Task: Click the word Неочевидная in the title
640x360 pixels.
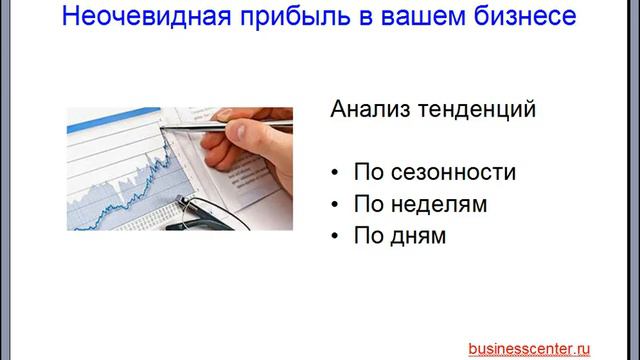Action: pos(138,17)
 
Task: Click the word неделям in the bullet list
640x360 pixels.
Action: pos(436,205)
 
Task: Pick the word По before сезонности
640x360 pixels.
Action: pos(367,172)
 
